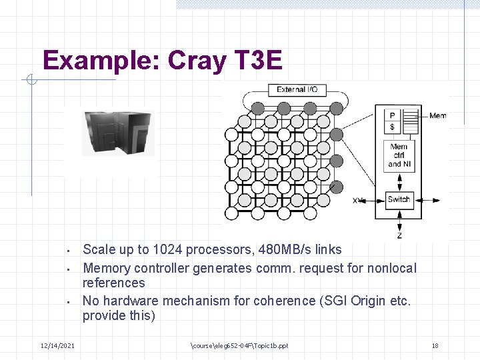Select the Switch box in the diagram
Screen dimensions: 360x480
point(399,199)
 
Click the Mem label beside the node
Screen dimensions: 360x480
point(438,116)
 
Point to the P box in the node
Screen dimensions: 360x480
point(392,115)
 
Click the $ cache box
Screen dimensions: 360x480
point(392,127)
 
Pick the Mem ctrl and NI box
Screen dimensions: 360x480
point(399,155)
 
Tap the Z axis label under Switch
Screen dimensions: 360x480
point(399,235)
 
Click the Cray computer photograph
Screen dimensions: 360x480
point(118,133)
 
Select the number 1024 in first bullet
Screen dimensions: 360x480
point(167,250)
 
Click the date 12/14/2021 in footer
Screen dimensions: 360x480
point(58,345)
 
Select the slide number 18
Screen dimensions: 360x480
point(435,345)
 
